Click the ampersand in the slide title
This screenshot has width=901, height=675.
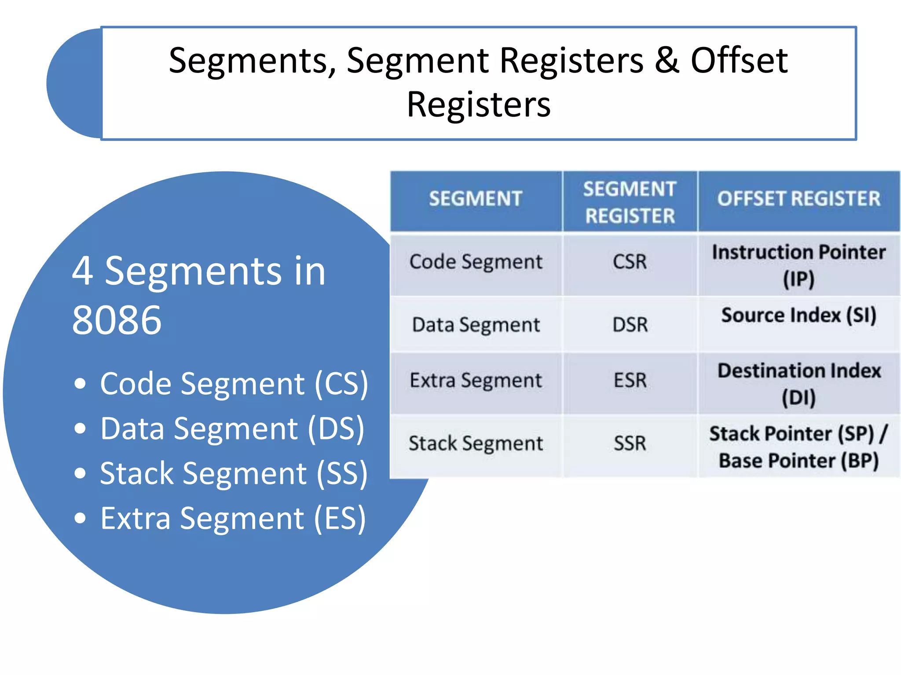point(667,60)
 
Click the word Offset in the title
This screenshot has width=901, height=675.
point(739,60)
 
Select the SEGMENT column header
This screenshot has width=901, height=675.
point(476,199)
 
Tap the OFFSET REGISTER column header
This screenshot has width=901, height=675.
point(798,199)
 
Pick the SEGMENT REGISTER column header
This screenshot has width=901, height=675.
point(630,202)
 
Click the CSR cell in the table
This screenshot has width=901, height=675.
point(630,262)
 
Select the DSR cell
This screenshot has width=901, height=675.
point(630,325)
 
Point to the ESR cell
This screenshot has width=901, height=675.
point(630,380)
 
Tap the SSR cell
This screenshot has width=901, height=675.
point(630,443)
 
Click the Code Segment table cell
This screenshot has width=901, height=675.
point(476,262)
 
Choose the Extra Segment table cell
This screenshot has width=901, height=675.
point(476,380)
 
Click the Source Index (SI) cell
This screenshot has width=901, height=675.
point(798,316)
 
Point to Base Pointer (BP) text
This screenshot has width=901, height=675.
point(798,461)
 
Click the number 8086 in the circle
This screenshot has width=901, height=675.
point(117,320)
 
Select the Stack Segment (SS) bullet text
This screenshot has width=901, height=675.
point(233,474)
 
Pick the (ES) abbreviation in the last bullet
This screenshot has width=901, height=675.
point(339,519)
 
